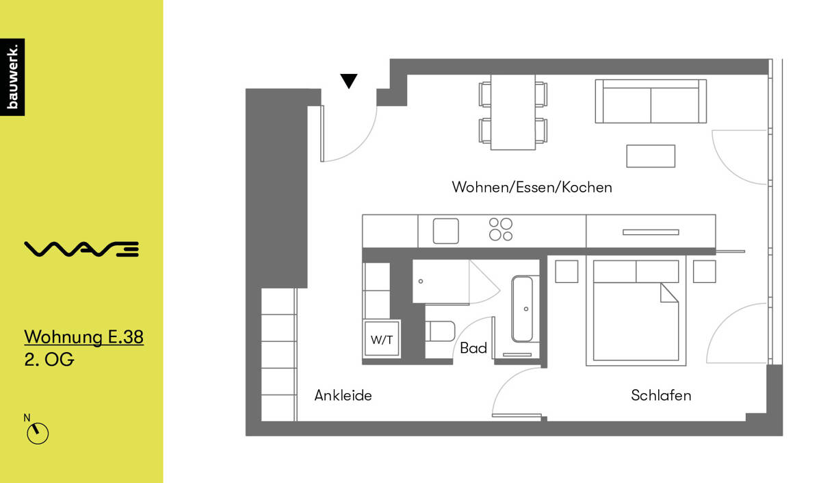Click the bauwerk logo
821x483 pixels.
[12, 77]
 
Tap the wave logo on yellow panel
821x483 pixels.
[81, 249]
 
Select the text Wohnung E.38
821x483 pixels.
[83, 337]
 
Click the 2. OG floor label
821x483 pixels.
[49, 360]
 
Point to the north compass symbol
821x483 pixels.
[38, 433]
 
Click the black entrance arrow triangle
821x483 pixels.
[349, 82]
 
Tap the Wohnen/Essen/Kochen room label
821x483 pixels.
[532, 187]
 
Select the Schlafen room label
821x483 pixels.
[661, 395]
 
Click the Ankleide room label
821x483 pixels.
[343, 395]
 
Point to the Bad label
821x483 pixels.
[473, 348]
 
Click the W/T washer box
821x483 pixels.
[382, 338]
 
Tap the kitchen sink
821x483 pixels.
[445, 231]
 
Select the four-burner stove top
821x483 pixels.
[500, 230]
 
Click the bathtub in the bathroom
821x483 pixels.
[525, 309]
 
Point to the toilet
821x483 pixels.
[441, 332]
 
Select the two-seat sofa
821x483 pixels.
[650, 101]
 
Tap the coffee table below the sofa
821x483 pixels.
[651, 156]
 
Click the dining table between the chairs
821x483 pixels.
[513, 112]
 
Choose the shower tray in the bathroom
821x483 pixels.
[440, 282]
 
